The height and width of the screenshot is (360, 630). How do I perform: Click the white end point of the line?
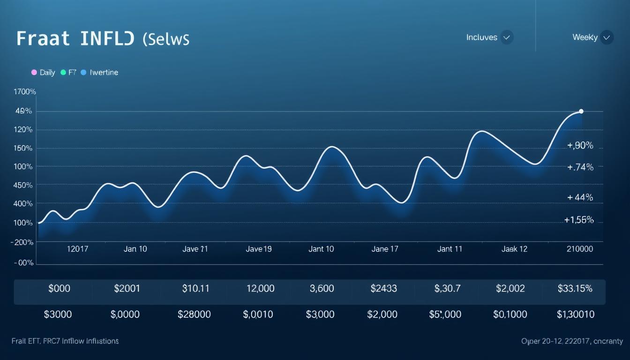click(581, 111)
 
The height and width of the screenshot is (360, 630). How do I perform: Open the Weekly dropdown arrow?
click(607, 37)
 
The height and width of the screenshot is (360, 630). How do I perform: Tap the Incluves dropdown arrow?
click(506, 37)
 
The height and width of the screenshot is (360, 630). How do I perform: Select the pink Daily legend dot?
click(34, 73)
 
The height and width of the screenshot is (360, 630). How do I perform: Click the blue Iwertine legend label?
click(104, 73)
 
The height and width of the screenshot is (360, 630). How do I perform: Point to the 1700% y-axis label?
click(25, 92)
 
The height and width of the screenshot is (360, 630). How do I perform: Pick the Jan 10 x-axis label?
click(135, 249)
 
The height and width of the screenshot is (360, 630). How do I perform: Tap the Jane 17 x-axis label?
click(385, 249)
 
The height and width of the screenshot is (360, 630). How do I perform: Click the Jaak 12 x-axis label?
click(514, 249)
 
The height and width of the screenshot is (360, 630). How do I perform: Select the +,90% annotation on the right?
click(580, 146)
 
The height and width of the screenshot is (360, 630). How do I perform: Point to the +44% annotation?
click(580, 197)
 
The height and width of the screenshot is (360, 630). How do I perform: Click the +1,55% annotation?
click(579, 220)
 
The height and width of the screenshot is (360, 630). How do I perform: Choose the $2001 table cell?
click(127, 289)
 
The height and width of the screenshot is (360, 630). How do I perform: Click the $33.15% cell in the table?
click(575, 289)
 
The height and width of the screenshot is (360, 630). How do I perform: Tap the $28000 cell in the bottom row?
click(194, 315)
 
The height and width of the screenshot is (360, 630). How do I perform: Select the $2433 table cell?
click(383, 289)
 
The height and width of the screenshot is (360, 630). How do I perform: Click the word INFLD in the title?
click(107, 38)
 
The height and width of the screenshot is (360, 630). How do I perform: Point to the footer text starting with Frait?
click(65, 341)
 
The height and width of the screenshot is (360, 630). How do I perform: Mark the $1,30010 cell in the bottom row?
click(575, 315)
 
